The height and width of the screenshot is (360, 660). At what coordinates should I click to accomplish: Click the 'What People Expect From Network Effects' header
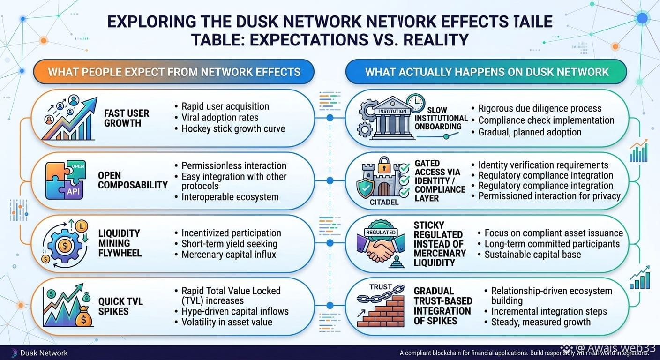pyautogui.click(x=174, y=72)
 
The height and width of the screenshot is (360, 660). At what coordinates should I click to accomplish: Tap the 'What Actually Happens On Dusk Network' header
pyautogui.click(x=487, y=72)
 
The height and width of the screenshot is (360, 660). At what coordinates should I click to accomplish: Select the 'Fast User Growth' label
pyautogui.click(x=127, y=118)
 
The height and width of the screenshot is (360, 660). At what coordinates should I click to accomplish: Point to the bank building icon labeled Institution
pyautogui.click(x=392, y=118)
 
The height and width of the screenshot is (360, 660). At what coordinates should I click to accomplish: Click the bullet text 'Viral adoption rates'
pyautogui.click(x=220, y=118)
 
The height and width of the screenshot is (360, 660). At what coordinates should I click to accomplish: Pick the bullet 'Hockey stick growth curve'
pyautogui.click(x=233, y=129)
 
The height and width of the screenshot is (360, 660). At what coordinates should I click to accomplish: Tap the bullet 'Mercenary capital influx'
pyautogui.click(x=229, y=255)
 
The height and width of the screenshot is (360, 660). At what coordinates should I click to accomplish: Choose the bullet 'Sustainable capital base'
pyautogui.click(x=532, y=255)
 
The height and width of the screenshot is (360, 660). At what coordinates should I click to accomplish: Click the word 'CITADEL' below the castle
pyautogui.click(x=384, y=202)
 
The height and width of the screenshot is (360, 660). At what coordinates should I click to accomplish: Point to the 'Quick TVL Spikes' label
pyautogui.click(x=120, y=307)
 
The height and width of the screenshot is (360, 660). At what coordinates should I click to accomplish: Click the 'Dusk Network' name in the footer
pyautogui.click(x=44, y=353)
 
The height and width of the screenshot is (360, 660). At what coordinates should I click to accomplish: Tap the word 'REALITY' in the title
pyautogui.click(x=436, y=40)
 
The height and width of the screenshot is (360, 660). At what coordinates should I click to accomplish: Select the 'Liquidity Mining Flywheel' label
pyautogui.click(x=120, y=243)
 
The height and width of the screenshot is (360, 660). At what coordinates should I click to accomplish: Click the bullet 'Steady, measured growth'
pyautogui.click(x=541, y=322)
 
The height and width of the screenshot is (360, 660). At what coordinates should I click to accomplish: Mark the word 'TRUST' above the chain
pyautogui.click(x=380, y=287)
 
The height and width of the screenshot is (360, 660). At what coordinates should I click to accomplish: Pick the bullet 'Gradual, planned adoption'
pyautogui.click(x=530, y=132)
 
